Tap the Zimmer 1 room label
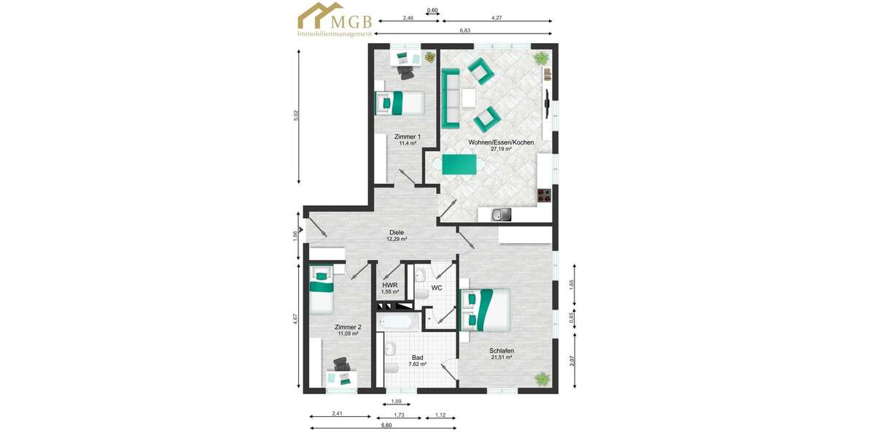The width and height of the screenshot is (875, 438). click(407, 137)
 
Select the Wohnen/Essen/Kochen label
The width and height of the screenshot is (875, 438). click(501, 142)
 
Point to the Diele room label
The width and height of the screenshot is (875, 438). click(397, 233)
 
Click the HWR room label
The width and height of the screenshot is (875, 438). click(389, 285)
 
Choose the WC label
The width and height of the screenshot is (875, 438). click(437, 288)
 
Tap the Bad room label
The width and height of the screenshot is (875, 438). click(417, 358)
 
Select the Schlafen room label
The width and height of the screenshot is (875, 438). click(502, 351)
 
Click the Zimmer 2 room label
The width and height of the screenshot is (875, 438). click(348, 327)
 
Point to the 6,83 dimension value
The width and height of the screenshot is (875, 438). click(464, 31)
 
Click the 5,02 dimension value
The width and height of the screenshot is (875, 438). click(297, 116)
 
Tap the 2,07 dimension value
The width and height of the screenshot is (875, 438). click(572, 360)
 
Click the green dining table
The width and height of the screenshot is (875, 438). click(460, 164)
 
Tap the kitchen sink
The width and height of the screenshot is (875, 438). click(500, 214)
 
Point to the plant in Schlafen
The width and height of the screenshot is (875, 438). click(542, 378)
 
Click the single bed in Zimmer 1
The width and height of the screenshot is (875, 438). click(400, 102)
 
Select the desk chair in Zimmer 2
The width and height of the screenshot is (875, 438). click(341, 364)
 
